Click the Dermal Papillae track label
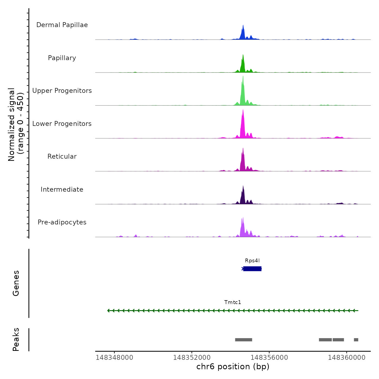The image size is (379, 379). click(62, 25)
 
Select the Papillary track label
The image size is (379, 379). click(62, 58)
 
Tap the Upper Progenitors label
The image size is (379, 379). click(62, 91)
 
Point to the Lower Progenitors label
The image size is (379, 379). click(62, 124)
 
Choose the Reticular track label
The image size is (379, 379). click(62, 156)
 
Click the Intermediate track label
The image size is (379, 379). click(62, 190)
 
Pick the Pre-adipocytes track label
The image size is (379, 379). click(62, 222)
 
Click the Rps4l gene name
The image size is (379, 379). click(252, 261)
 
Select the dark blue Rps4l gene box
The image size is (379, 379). click(252, 269)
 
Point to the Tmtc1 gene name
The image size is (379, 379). click(233, 302)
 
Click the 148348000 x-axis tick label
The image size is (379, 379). click(115, 358)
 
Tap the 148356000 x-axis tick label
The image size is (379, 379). click(269, 358)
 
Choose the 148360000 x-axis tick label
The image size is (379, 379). click(347, 358)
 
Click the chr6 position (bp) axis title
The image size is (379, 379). click(233, 367)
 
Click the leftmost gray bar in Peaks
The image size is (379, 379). click(244, 340)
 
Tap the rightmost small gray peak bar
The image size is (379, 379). click(356, 340)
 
